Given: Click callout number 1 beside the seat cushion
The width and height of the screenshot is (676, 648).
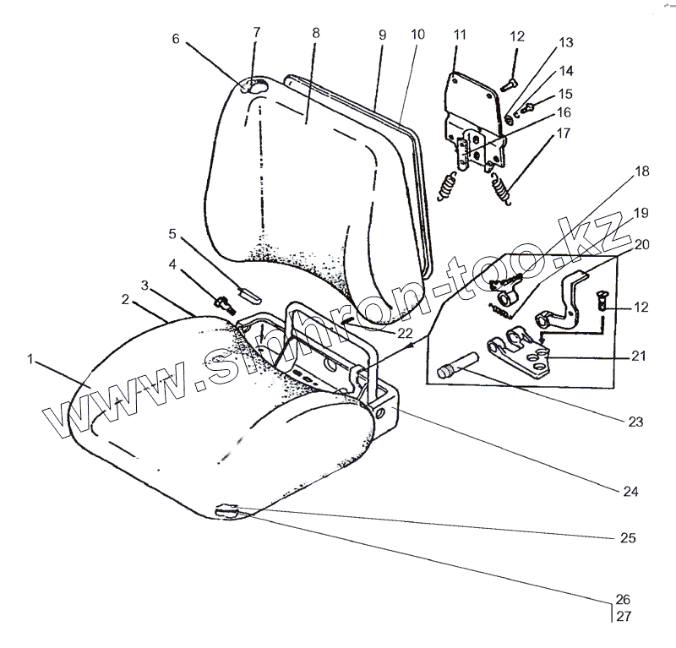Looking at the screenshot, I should click(x=30, y=359).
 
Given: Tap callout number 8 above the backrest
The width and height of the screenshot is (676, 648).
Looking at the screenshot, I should click(x=315, y=33).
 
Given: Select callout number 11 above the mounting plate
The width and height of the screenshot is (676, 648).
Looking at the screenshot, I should click(x=460, y=35).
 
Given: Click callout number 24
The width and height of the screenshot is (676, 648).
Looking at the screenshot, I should click(x=631, y=489).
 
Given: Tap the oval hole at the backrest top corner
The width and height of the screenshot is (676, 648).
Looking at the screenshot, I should click(x=256, y=86).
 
